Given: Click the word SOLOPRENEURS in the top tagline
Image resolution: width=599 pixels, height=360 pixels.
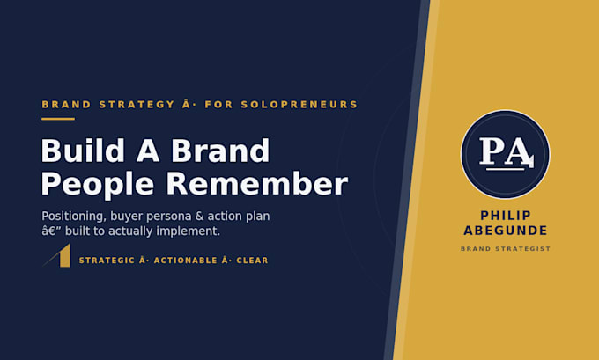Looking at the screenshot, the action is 299,105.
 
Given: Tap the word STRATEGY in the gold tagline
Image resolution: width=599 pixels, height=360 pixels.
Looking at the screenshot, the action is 137,105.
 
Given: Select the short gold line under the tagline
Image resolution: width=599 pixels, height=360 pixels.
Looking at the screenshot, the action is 58,119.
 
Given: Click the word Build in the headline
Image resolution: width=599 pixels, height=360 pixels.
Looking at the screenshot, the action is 83,151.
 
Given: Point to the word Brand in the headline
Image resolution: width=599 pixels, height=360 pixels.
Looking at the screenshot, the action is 220,151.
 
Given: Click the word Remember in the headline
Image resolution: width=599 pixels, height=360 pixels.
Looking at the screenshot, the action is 256,184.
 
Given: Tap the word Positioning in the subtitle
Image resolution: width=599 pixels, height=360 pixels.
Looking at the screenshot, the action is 72,217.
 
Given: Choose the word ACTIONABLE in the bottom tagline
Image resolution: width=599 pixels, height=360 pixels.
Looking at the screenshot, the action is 185,261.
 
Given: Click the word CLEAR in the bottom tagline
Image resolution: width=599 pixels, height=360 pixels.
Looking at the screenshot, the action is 252,261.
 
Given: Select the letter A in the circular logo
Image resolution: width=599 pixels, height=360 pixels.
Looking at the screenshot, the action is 519,153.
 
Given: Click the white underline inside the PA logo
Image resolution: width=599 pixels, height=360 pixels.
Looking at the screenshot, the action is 505,169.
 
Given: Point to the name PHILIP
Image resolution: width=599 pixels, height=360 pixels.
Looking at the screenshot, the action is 506,216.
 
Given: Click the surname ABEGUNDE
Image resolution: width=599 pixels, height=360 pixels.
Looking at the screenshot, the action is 506,231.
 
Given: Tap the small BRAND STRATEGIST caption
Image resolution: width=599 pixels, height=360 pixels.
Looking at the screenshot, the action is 506,249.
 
